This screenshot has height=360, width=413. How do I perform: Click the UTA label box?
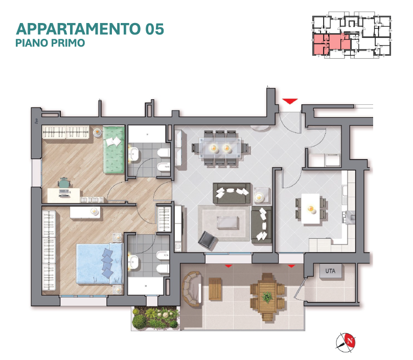(x=331, y=271)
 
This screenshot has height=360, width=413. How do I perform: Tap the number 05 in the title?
(x=154, y=29)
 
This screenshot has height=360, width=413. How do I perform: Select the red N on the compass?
(x=350, y=341)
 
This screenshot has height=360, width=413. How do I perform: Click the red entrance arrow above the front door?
(x=290, y=101)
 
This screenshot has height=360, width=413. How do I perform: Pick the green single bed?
(x=113, y=150)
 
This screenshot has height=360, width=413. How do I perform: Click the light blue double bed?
(x=100, y=264)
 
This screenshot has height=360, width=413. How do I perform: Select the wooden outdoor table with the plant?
(x=267, y=297)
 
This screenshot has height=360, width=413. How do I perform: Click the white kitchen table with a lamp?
(x=311, y=209)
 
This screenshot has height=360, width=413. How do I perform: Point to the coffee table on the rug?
(x=227, y=222)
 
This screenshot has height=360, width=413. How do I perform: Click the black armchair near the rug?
(x=208, y=240)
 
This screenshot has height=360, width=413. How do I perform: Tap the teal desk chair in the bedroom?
(x=64, y=183)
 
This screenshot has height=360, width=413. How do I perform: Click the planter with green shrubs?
(x=155, y=319)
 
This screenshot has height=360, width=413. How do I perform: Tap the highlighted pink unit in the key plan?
(x=331, y=42)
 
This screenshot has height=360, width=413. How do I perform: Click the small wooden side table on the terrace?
(x=215, y=289)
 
